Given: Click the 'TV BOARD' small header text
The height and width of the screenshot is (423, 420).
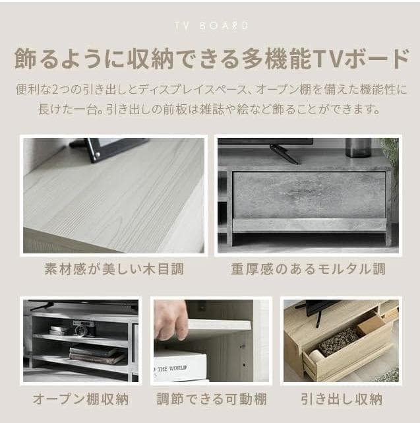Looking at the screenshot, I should pyautogui.click(x=210, y=26).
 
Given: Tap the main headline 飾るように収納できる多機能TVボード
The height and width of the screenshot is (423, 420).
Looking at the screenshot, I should pyautogui.click(x=210, y=59).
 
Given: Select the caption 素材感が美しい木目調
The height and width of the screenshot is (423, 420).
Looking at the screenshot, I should pyautogui.click(x=113, y=269).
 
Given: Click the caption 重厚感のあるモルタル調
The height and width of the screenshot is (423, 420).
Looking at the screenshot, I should pyautogui.click(x=308, y=269).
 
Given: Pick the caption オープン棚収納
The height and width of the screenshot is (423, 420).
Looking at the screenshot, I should pyautogui.click(x=80, y=399).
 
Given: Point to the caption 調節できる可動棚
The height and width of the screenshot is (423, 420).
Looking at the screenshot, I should pyautogui.click(x=211, y=399).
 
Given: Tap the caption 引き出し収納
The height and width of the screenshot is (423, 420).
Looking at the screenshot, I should pyautogui.click(x=341, y=399).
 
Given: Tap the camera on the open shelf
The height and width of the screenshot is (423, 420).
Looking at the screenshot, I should pyautogui.click(x=84, y=328).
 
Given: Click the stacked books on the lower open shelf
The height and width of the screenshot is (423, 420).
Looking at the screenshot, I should pyautogui.click(x=96, y=355).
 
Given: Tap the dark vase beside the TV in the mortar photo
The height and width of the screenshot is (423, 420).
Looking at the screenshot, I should pyautogui.click(x=357, y=147).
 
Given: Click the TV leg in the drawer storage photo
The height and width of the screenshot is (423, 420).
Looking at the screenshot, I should pyautogui.click(x=317, y=318).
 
